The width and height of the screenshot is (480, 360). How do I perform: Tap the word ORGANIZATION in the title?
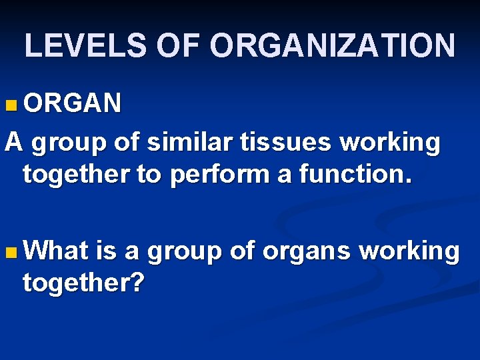[333, 46]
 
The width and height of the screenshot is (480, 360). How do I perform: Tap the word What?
[59, 251]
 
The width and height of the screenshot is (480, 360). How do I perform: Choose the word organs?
[307, 252]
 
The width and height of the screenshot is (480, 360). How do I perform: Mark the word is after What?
[107, 251]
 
